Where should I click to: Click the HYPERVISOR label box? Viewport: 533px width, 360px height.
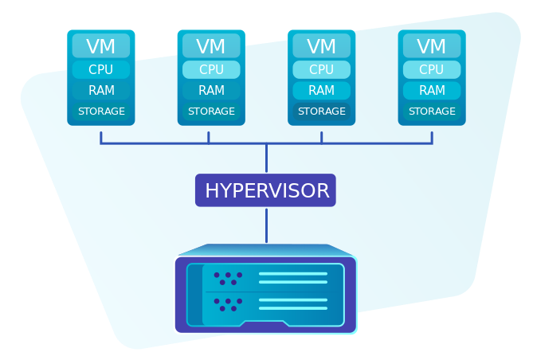265,190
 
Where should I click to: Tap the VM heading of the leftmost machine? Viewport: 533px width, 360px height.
100,46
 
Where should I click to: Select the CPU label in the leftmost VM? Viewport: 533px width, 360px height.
100,70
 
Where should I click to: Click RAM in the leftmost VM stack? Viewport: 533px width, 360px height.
100,91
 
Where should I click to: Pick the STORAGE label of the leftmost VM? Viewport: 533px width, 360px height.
100,112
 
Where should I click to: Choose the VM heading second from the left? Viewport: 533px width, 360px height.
211,46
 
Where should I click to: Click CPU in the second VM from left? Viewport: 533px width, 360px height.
211,70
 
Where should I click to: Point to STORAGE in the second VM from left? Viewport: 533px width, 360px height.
211,112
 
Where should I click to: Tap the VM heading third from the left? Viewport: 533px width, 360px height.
321,46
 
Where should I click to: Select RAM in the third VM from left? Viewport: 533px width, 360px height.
321,91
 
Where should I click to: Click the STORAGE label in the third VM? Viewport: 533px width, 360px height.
321,112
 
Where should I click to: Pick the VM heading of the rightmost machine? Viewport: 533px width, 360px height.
432,46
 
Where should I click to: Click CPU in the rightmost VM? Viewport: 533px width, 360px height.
432,70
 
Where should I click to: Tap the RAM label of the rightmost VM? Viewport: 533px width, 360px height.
432,91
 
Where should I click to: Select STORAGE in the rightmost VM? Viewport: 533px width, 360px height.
432,112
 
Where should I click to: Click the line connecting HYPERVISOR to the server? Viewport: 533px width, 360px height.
266,225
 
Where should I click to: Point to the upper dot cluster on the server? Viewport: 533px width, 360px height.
228,278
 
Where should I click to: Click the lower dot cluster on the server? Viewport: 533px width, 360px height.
228,304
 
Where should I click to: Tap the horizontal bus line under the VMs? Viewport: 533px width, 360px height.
159,144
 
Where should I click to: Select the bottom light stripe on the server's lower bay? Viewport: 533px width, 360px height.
292,308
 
